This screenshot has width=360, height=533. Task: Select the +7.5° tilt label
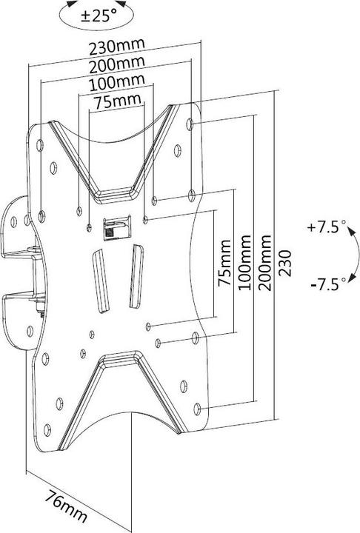coord(325,229)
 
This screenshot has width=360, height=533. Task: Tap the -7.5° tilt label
coord(325,284)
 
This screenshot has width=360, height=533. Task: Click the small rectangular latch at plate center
coord(113,228)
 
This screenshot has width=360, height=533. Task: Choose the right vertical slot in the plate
coord(134,275)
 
